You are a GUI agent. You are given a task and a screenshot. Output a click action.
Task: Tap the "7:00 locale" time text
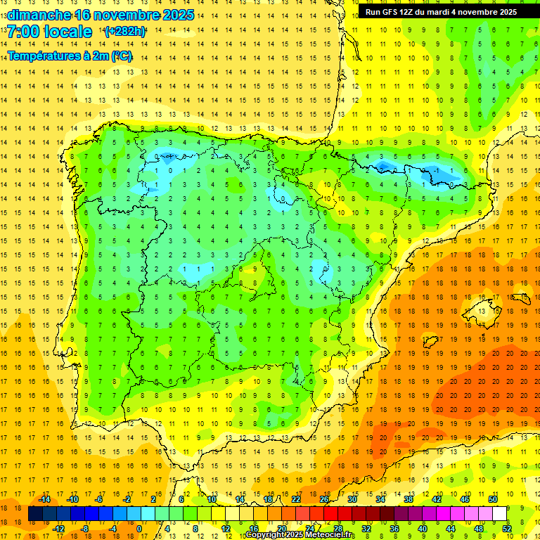(49, 32)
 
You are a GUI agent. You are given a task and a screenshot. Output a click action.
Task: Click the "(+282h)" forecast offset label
(124, 32)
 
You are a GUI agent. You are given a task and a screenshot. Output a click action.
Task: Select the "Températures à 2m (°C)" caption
(70, 56)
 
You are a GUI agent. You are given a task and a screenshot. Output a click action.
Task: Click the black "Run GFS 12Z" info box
(441, 12)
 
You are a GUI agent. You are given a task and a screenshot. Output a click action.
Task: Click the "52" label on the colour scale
(507, 529)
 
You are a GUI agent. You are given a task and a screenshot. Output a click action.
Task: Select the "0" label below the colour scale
(139, 529)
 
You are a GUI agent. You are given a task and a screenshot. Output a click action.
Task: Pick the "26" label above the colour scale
(324, 499)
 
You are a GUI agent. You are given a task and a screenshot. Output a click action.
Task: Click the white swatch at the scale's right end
(499, 514)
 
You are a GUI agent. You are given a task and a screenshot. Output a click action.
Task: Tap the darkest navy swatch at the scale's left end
(36, 514)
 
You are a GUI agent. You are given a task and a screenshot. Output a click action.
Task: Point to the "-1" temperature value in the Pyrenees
(437, 171)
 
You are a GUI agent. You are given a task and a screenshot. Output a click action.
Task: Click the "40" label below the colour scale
(423, 529)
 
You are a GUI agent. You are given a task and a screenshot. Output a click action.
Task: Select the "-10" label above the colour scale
(72, 499)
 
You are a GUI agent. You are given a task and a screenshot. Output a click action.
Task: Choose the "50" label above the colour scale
(492, 499)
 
